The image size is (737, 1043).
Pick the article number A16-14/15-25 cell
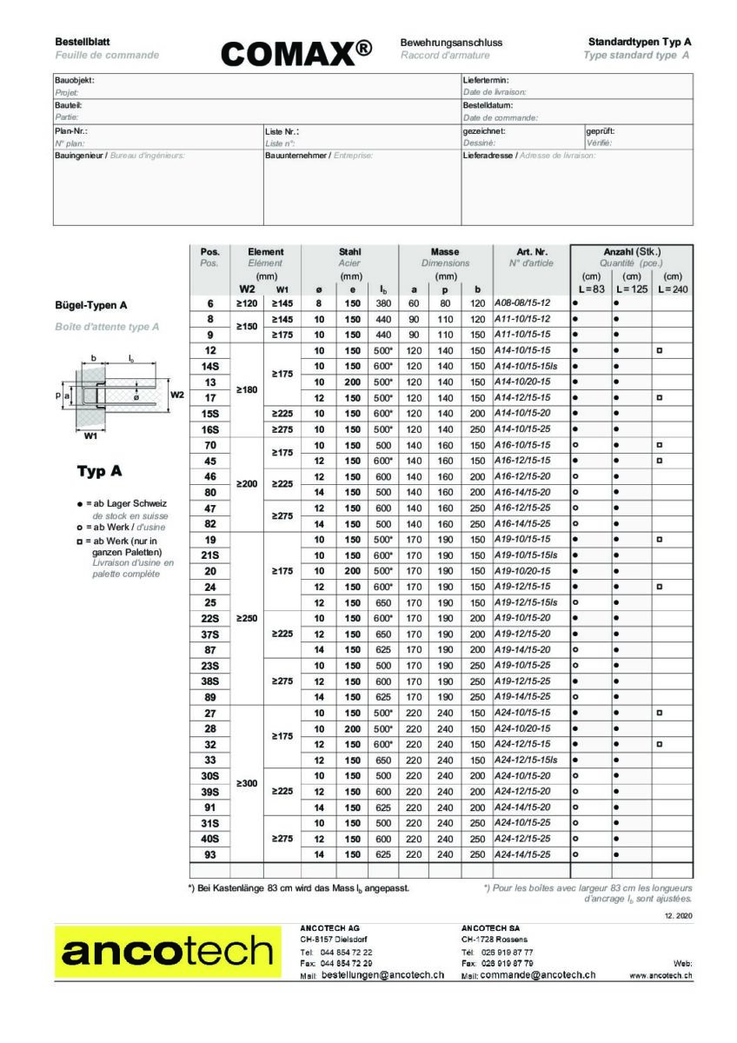(x=521, y=523)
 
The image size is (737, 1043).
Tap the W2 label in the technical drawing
(x=177, y=394)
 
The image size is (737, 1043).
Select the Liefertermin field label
(x=485, y=80)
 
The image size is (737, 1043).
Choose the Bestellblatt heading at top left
(x=76, y=42)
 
